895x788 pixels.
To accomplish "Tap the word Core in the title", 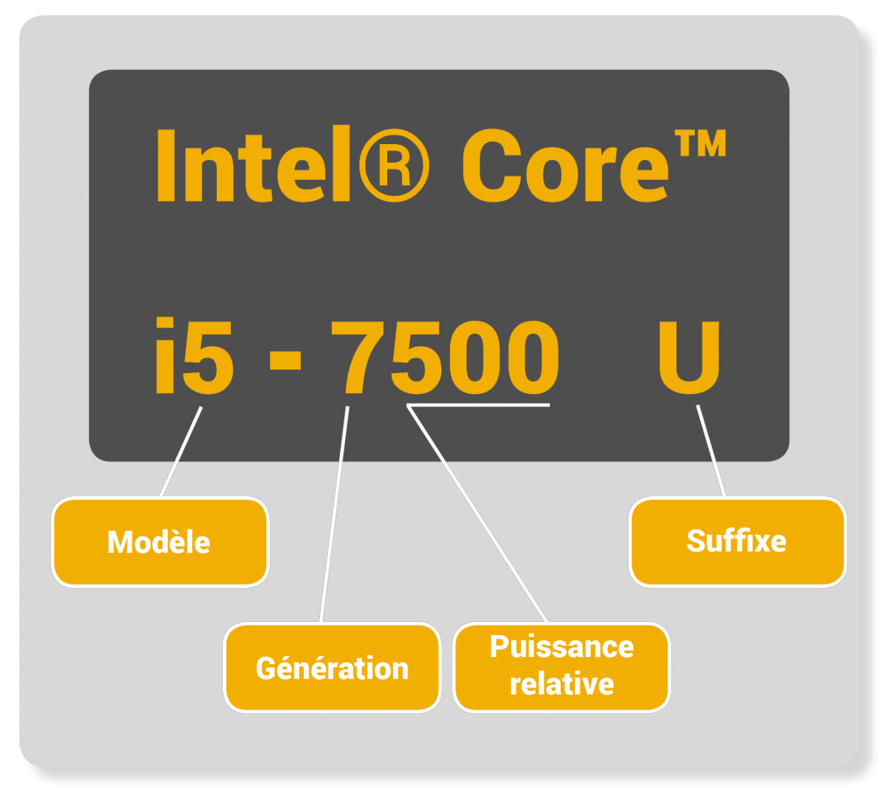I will coord(564,165).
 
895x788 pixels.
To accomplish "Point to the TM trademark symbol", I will coord(700,143).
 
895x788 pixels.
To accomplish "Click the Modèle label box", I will coord(160,542).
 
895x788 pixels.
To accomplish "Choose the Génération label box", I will coord(332,667).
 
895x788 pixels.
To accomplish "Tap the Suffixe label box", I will coord(737,541).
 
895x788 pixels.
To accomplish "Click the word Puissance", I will coord(561,647).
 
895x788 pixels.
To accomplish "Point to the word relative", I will coord(561,684).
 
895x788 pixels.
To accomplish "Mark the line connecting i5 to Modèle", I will coord(181,452).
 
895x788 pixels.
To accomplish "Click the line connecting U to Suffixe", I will coord(711,451).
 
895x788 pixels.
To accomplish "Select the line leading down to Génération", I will coord(335,514).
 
